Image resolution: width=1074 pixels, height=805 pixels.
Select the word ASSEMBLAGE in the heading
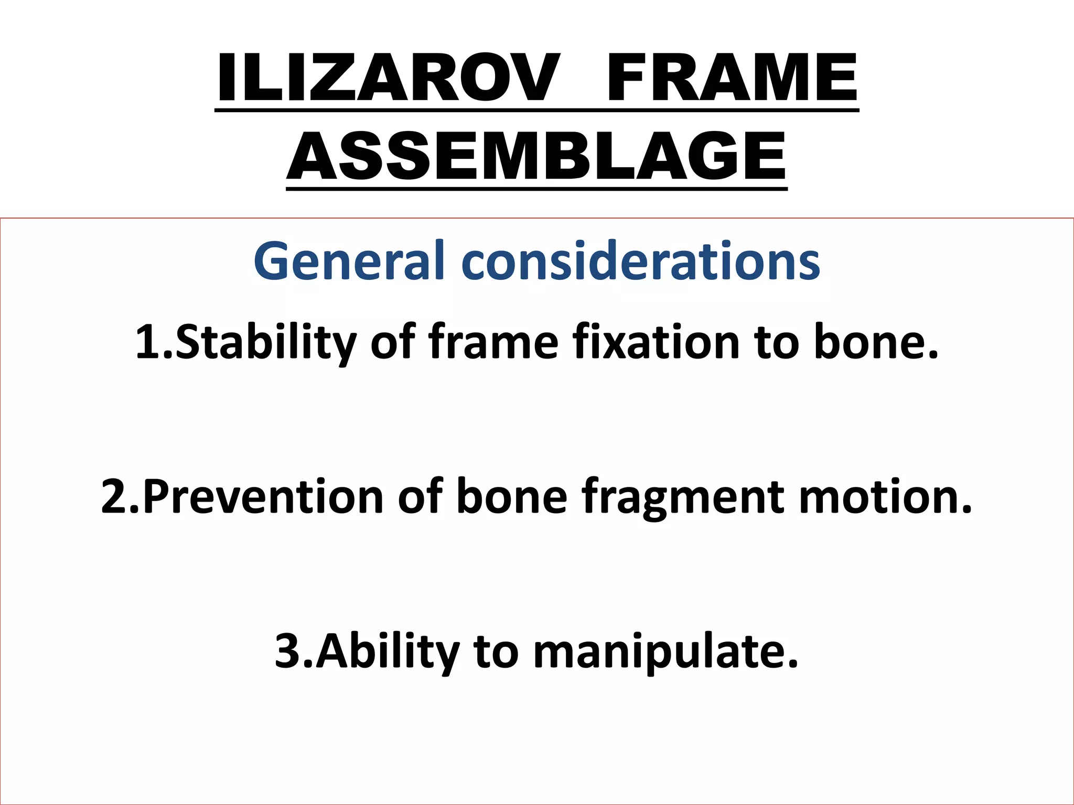click(536, 156)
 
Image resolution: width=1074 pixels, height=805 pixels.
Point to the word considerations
click(640, 261)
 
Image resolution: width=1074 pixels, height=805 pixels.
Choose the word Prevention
click(262, 496)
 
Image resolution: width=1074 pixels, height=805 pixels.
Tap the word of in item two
click(421, 496)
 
